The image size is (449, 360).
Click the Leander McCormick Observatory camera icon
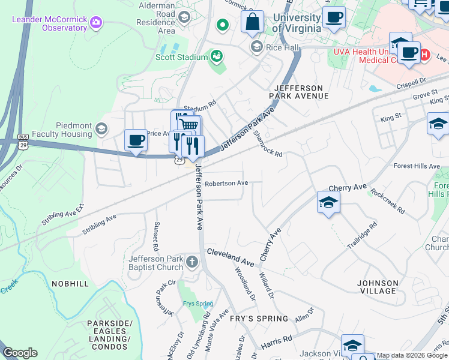[x=95, y=23]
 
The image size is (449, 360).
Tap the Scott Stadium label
[x=181, y=57]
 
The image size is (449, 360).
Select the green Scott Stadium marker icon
[x=217, y=57]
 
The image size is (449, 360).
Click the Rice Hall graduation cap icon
[x=256, y=47]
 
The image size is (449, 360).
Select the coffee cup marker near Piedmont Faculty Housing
[x=136, y=141]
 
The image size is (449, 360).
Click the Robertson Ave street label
[x=226, y=183]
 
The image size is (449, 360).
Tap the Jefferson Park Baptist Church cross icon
[x=191, y=261]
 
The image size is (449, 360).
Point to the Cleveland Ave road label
[x=231, y=256]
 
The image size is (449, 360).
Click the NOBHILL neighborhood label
[x=70, y=283]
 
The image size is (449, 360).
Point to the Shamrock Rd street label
[x=268, y=144]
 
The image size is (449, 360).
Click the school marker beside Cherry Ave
[x=328, y=202]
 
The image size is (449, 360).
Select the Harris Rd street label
[x=277, y=342]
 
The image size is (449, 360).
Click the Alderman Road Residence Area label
[x=155, y=17]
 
